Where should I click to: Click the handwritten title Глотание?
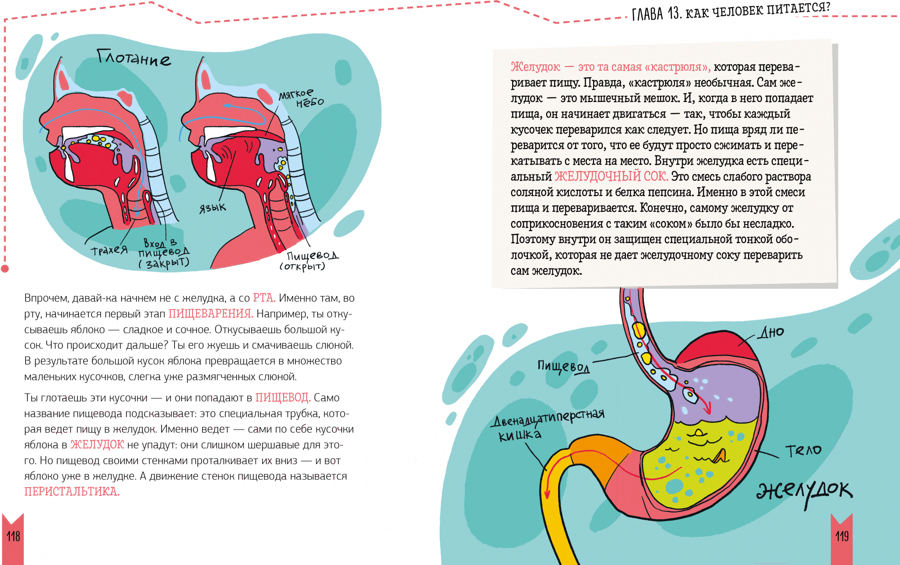(x=134, y=58)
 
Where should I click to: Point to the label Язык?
(x=212, y=208)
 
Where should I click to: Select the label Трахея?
(x=109, y=250)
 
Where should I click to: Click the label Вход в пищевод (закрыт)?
(x=164, y=254)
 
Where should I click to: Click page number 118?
(x=13, y=536)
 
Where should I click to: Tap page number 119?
(x=842, y=536)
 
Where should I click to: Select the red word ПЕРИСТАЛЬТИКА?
(x=72, y=492)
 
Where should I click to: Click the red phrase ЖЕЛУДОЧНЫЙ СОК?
(x=611, y=176)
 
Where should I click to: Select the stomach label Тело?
(x=803, y=450)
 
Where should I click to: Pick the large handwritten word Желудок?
(x=805, y=492)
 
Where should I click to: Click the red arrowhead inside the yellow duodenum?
(x=547, y=494)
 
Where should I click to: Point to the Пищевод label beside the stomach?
(x=563, y=367)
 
